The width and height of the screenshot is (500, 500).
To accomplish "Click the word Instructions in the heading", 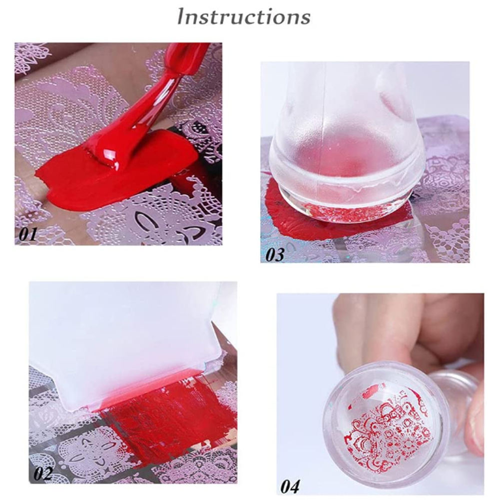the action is pos(244,16).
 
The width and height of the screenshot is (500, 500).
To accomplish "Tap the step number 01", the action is pos(28,234).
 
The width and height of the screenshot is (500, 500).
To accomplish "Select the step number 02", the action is pos(43,473).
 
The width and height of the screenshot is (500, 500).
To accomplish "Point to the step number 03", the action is pos(275,254).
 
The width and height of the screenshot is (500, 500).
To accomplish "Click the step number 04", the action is pos(290,487).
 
